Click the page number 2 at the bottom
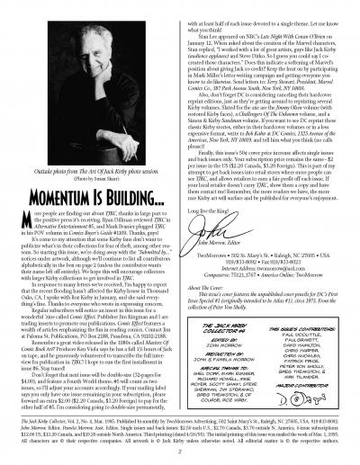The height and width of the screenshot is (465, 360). point(180,458)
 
